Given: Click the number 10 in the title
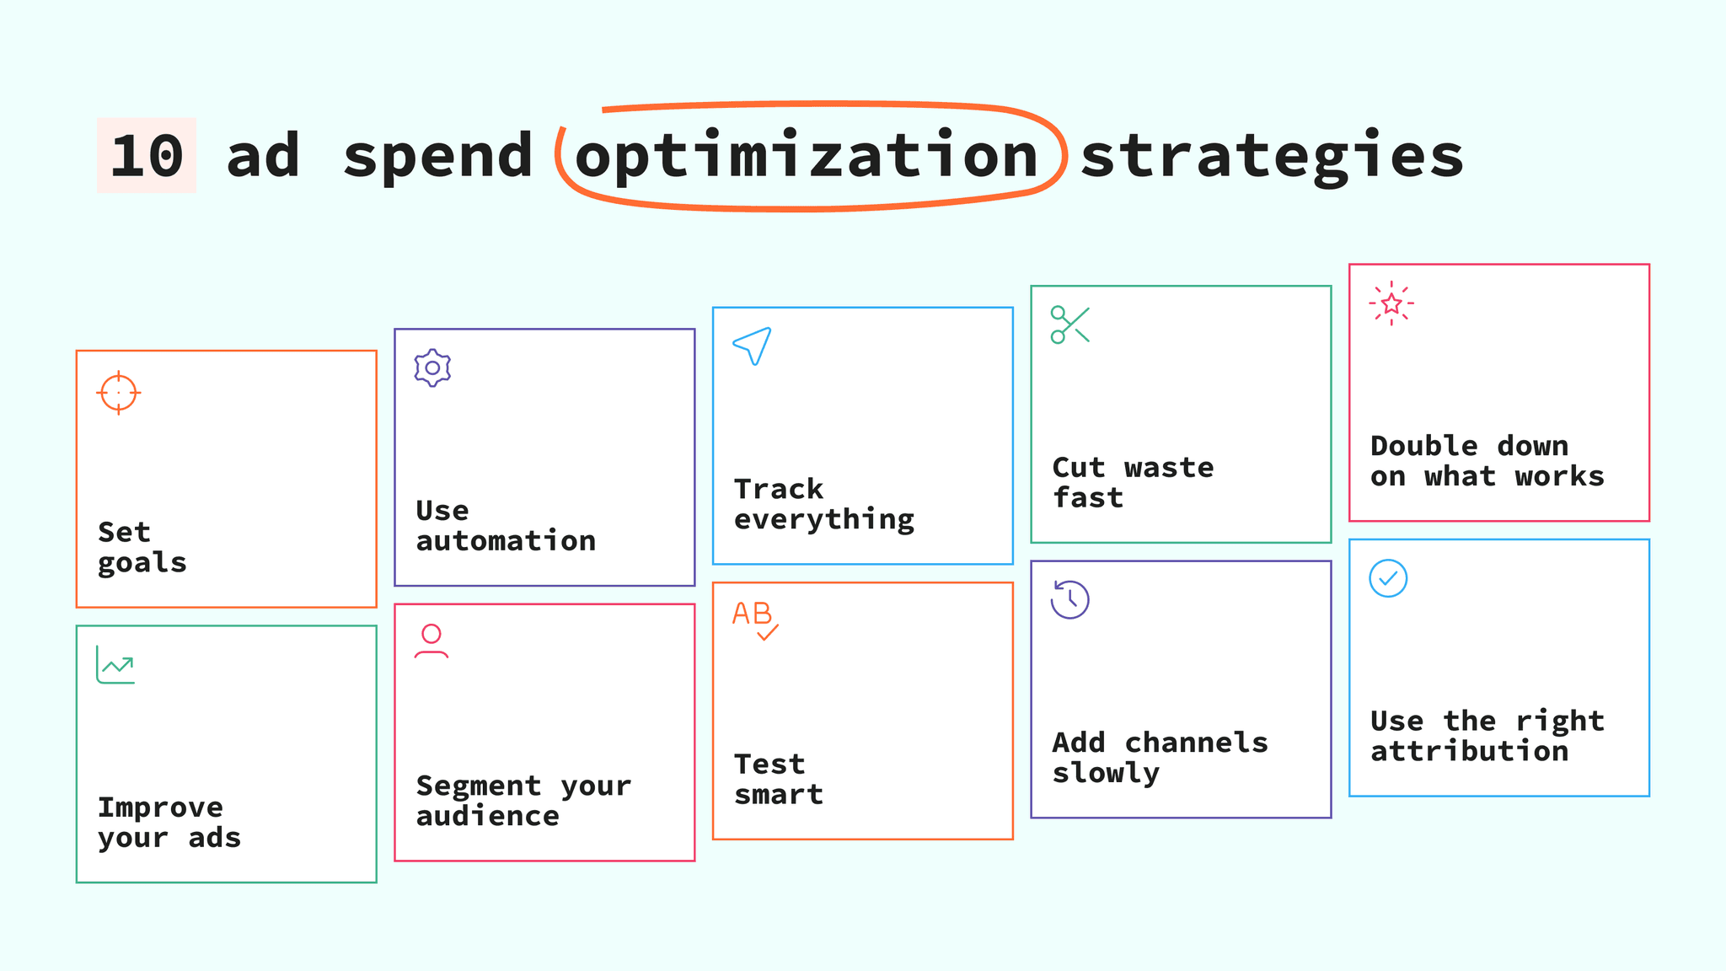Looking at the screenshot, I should (147, 156).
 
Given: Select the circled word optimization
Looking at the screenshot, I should (806, 157).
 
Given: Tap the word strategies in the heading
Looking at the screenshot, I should (1272, 157).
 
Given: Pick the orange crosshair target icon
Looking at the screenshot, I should (119, 393).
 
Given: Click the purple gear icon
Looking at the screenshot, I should (432, 368).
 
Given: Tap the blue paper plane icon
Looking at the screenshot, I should (753, 346).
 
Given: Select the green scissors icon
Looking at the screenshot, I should (1070, 325).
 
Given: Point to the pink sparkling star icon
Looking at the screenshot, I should (1391, 303).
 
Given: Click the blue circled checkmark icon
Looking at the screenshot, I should (1388, 578).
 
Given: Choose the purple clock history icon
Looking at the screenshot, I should (1069, 599).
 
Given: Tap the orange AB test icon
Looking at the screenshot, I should (754, 620).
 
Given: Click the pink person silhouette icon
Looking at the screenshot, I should (431, 641).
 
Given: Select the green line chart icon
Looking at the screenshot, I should (115, 665).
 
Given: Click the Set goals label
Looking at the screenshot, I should (142, 547).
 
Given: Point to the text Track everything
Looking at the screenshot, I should (823, 504).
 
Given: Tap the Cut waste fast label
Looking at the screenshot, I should (1133, 482).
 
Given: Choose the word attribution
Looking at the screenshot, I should (1469, 751).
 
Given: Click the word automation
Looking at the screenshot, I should (506, 540).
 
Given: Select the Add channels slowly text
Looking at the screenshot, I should (1160, 757).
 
